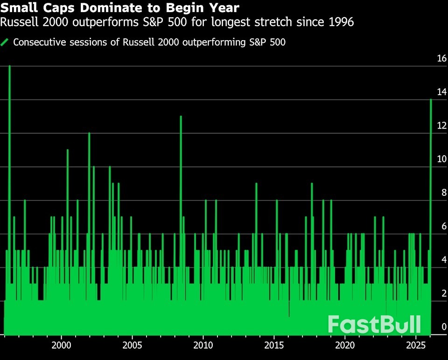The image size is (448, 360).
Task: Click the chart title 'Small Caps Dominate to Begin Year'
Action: pyautogui.click(x=121, y=8)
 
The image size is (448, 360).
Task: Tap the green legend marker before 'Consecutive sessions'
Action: pyautogui.click(x=6, y=42)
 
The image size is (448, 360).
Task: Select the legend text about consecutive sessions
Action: pyautogui.click(x=149, y=42)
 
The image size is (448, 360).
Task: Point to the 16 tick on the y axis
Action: pyautogui.click(x=441, y=59)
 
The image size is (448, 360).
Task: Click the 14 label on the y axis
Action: pyautogui.click(x=441, y=92)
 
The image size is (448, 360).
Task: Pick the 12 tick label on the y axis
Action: pyautogui.click(x=441, y=125)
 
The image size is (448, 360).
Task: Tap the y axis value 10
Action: pyautogui.click(x=441, y=159)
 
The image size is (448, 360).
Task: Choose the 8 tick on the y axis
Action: pyautogui.click(x=443, y=193)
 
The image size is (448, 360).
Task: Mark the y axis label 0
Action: pyautogui.click(x=444, y=327)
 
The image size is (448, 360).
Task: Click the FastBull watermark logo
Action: pyautogui.click(x=374, y=325)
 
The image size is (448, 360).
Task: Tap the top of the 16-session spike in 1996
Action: pyautogui.click(x=9, y=66)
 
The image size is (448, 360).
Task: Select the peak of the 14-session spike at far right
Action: pyautogui.click(x=431, y=100)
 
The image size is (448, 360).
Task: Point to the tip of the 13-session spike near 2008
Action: pyautogui.click(x=181, y=117)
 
